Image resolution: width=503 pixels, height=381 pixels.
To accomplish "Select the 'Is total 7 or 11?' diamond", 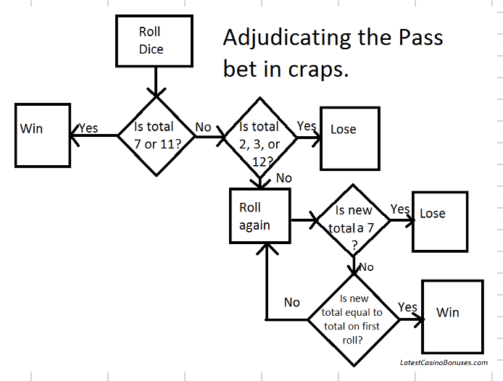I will [x=154, y=135].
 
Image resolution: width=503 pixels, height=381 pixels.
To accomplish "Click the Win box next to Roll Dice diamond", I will [x=42, y=135].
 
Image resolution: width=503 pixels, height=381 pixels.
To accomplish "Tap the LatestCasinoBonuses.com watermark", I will [x=443, y=361].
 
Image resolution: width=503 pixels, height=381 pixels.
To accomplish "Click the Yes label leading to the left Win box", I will [x=88, y=128].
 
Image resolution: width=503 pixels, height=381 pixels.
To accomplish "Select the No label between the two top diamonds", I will [x=203, y=127].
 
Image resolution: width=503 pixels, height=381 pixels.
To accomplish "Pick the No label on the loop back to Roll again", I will [x=292, y=302].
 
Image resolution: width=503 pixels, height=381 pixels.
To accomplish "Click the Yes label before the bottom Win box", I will [x=408, y=307].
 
